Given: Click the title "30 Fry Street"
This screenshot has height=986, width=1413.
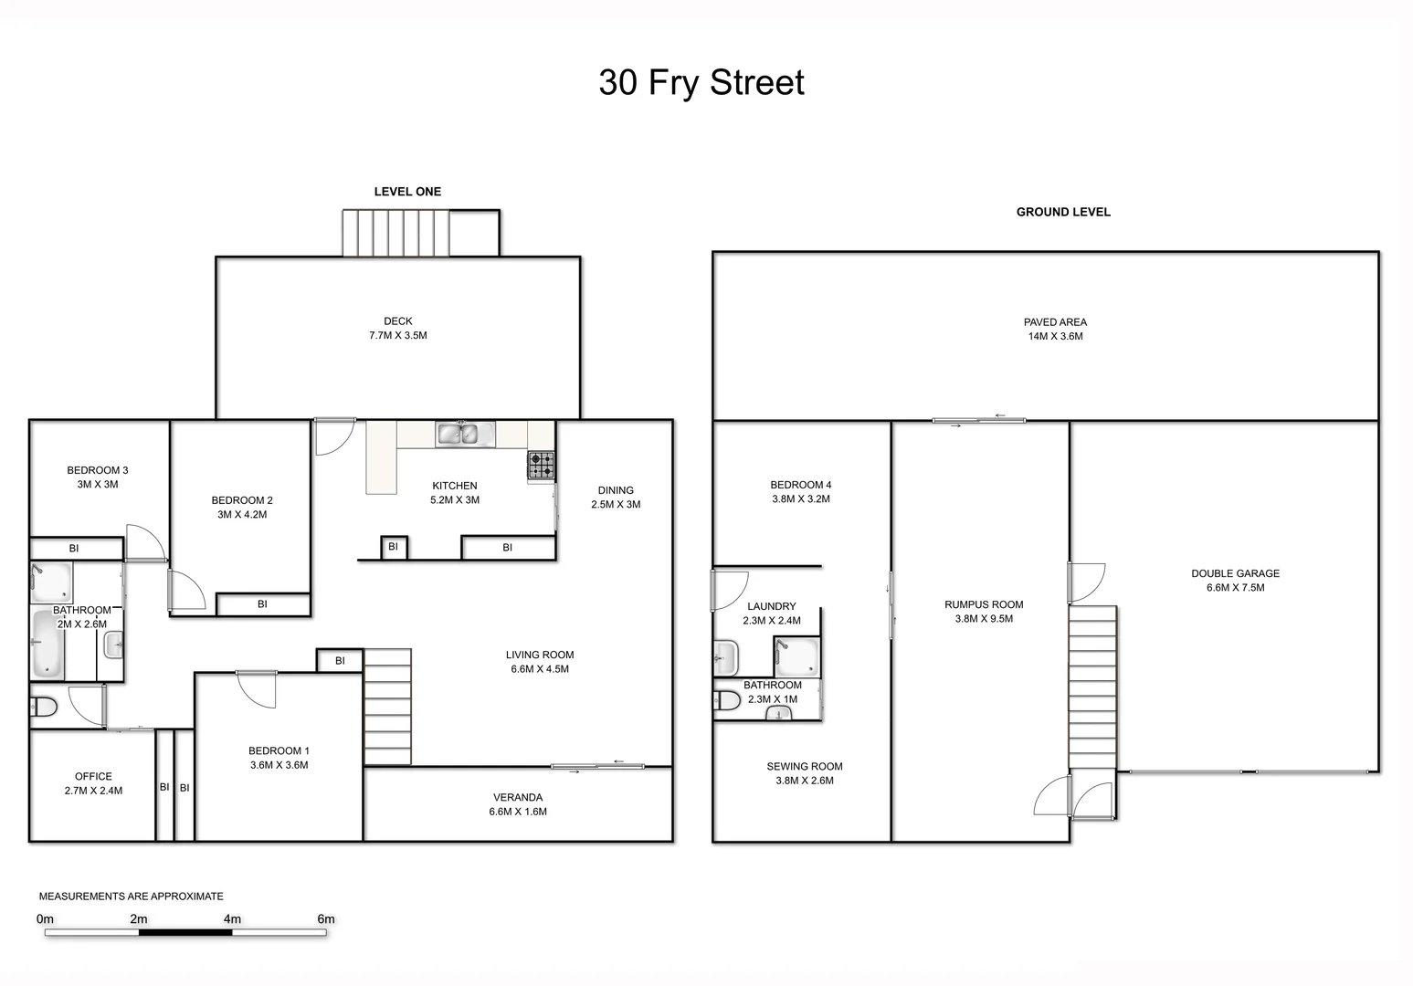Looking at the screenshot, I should pos(701,82).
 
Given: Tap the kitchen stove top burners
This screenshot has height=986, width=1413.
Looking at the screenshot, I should pos(541,466).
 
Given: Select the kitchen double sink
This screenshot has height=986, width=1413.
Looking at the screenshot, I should pos(465,434).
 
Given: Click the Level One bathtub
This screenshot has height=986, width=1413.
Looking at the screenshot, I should pos(47,643).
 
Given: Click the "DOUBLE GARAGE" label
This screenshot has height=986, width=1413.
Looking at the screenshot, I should pos(1235,573).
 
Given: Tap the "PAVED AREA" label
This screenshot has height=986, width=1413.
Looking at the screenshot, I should pos(1055,322).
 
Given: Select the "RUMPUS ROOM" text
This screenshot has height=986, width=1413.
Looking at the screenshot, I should pos(984,604).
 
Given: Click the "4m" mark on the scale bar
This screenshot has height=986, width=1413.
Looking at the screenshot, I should pos(232,919).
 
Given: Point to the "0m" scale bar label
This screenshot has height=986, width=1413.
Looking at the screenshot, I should pos(45,919).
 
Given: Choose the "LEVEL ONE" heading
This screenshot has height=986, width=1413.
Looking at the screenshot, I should pos(407,192).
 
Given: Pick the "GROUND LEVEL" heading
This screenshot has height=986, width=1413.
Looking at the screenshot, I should pos(1063,212).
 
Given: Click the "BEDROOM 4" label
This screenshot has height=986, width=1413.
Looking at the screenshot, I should pos(800,485).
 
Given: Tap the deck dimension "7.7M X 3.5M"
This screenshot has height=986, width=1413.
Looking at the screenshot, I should pos(398,336).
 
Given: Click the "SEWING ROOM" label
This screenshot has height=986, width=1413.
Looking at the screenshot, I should pos(804,767).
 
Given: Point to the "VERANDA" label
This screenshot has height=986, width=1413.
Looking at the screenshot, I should pos(518,797).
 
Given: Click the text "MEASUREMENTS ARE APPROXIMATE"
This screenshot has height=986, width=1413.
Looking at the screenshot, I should pos(131,897).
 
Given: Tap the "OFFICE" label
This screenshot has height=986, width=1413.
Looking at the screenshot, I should pos(93,777).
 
